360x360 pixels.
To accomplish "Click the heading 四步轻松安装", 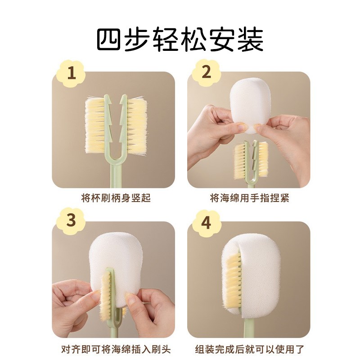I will (180, 40).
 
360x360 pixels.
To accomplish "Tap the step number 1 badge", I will (71, 72).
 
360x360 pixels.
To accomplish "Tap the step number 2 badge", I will (206, 72).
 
